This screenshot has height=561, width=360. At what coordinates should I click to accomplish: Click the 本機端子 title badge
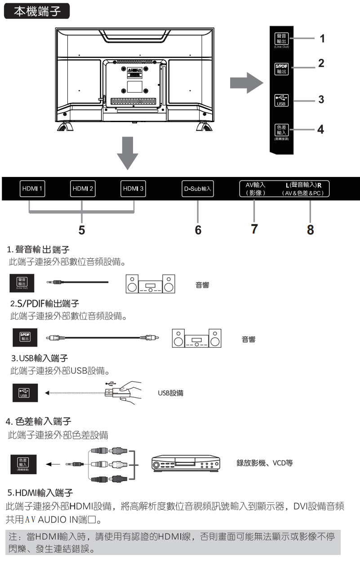pos(37,11)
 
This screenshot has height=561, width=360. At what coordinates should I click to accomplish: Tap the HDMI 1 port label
pos(31,189)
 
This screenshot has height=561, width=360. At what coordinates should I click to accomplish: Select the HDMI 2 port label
pos(82,189)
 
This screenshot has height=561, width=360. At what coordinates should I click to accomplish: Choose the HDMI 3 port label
pos(133,189)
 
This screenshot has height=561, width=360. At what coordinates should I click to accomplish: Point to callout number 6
pos(198,230)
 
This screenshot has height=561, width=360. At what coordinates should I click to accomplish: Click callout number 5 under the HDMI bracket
pos(81,230)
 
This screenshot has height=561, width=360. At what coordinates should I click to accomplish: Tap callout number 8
pos(310,230)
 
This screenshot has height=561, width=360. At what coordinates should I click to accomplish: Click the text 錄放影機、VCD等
pos(265,463)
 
